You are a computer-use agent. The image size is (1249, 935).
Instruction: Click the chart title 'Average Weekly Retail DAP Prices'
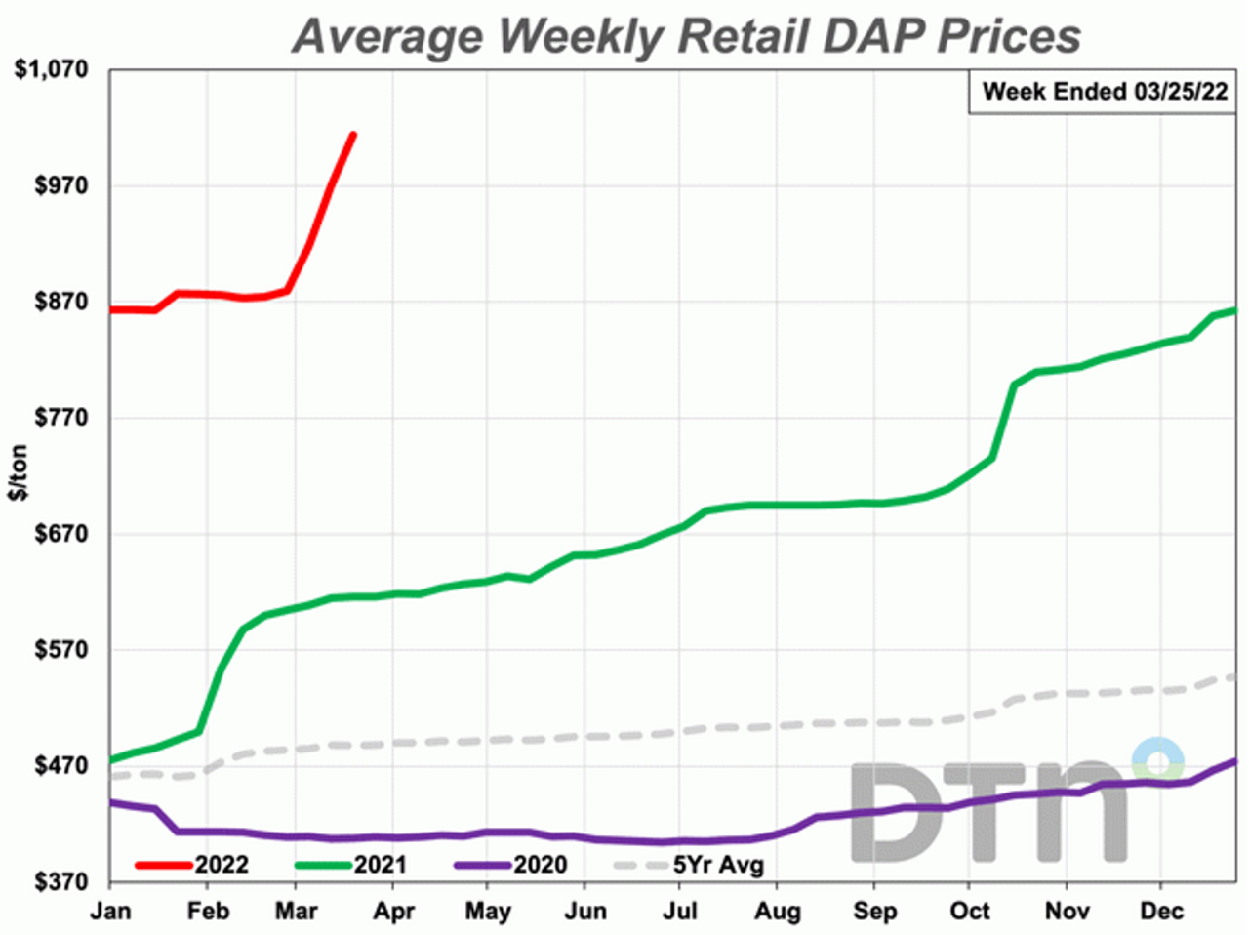686,36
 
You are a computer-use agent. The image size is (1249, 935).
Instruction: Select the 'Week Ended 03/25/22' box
1104,92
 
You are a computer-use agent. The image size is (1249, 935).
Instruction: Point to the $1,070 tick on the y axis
50,70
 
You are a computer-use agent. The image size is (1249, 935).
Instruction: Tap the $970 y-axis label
60,185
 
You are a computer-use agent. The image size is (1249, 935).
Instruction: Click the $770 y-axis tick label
60,418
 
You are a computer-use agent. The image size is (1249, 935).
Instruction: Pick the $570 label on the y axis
60,650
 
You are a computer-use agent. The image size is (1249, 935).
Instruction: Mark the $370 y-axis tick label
60,882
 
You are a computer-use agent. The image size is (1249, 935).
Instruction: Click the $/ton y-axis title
19,473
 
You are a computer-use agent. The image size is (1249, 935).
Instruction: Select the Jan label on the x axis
109,912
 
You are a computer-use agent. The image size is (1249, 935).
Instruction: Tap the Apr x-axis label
394,912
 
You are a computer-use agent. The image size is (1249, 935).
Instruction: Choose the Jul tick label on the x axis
679,912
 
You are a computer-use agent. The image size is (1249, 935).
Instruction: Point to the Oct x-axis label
969,912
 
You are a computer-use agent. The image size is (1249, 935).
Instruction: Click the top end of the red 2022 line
353,135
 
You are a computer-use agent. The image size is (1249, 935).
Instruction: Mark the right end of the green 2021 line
1234,310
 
